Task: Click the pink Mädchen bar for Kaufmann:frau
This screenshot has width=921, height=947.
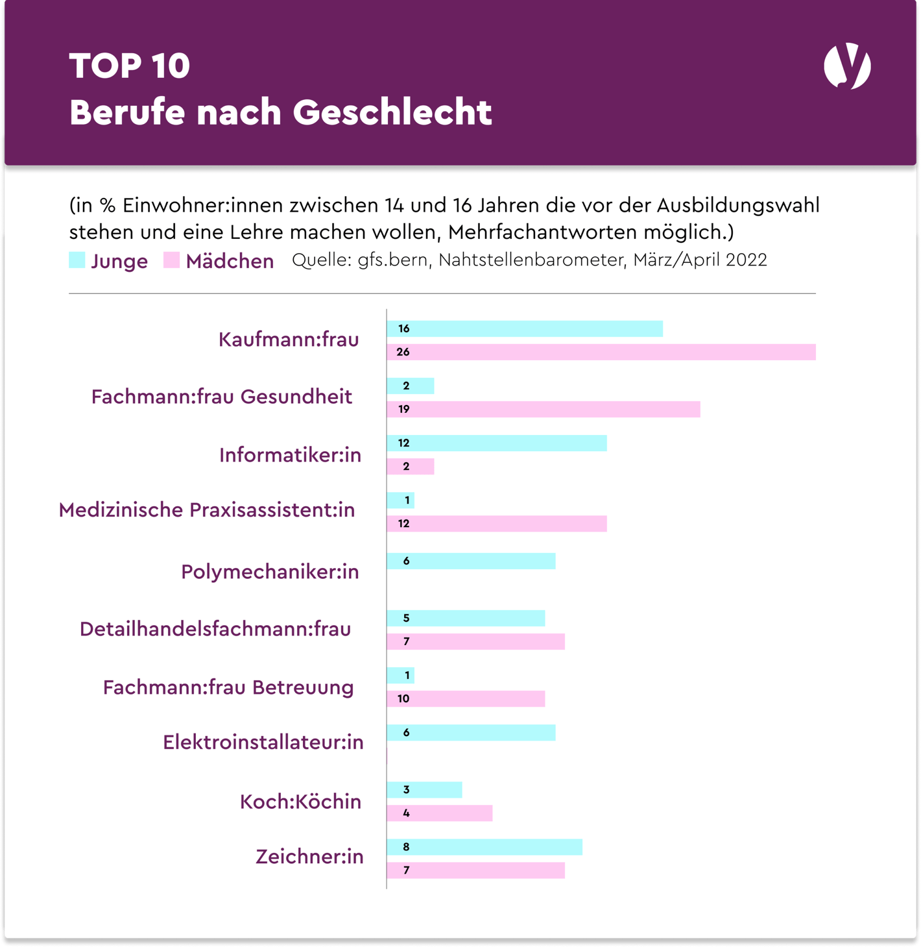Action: point(601,352)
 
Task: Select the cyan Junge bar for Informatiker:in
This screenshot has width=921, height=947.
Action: point(497,443)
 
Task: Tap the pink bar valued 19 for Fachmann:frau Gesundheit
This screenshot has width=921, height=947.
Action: point(544,409)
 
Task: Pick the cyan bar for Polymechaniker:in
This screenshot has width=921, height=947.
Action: point(472,561)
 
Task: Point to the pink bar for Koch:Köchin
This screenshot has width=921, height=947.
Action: point(440,813)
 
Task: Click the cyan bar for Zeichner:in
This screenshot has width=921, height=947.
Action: point(484,846)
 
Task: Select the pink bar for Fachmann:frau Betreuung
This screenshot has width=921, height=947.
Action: point(466,698)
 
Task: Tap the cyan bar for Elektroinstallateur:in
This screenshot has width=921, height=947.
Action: point(472,732)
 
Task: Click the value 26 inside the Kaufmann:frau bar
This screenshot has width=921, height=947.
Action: point(403,352)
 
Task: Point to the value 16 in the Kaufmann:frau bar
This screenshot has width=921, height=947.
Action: point(403,328)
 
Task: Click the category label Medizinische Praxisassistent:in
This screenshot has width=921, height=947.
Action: point(207,510)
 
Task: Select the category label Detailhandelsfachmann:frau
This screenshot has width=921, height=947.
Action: point(215,629)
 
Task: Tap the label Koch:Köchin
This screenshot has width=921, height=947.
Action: point(300,802)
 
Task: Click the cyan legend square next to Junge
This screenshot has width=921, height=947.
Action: point(77,260)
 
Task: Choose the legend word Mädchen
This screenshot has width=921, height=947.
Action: point(230,261)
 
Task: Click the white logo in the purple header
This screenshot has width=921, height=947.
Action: point(847,66)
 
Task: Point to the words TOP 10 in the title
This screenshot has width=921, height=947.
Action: point(130,66)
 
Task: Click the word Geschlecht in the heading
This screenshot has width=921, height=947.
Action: point(392,112)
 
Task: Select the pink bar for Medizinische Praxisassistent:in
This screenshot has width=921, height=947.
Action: point(497,523)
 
